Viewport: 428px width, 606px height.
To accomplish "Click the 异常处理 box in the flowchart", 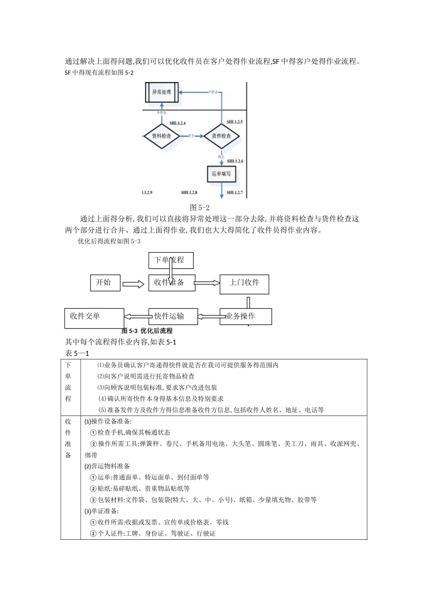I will (162, 92).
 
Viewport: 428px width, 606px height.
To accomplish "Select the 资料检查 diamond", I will (161, 136).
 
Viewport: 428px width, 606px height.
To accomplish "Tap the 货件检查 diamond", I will (221, 136).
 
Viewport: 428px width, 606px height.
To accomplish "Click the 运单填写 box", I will (221, 174).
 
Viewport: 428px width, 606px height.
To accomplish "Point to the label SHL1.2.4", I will (178, 123).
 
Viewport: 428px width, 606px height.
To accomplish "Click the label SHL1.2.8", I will (189, 193).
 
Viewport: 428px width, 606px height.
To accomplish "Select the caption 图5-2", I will (200, 207).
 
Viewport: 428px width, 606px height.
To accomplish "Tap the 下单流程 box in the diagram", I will (171, 260).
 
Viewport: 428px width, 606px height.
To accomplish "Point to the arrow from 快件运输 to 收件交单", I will (136, 317).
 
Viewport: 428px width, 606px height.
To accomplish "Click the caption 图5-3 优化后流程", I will (147, 331).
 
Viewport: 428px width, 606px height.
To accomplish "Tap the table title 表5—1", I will (77, 353).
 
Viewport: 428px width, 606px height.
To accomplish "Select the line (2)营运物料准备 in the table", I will (107, 466).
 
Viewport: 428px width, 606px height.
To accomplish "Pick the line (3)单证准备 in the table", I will (102, 511).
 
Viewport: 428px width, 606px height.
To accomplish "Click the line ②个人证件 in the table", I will (153, 533).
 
